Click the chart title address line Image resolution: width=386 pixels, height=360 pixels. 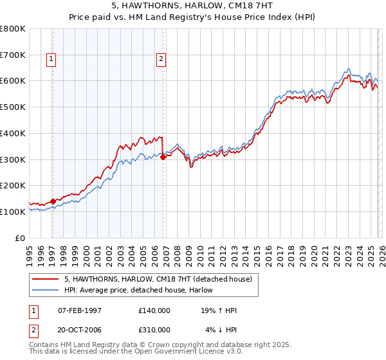pyautogui.click(x=192, y=6)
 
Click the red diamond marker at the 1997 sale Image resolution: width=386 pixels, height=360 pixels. pyautogui.click(x=53, y=201)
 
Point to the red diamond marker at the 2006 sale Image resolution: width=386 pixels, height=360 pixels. pyautogui.click(x=163, y=156)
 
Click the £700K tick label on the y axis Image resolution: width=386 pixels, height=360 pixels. pyautogui.click(x=13, y=55)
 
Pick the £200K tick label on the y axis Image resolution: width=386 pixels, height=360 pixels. pyautogui.click(x=13, y=186)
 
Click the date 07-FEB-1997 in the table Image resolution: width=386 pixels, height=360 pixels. pyautogui.click(x=80, y=310)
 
